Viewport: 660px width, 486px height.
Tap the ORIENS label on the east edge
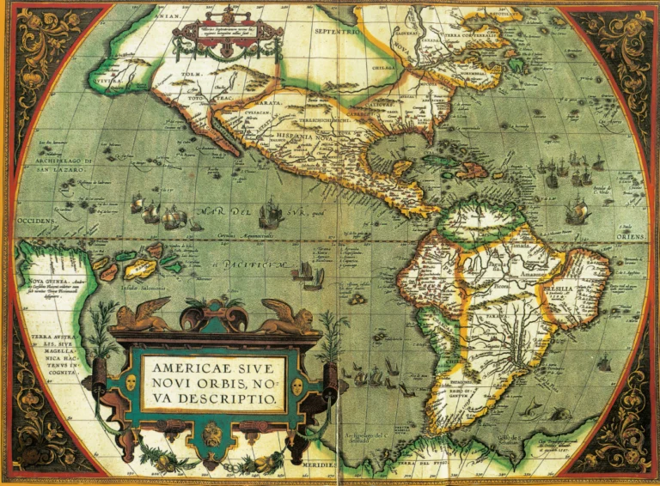coord(631,234)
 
